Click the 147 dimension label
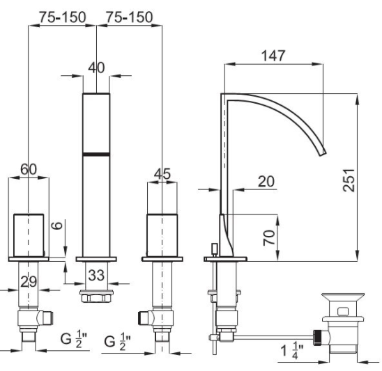(x=273, y=56)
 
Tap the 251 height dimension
(x=349, y=180)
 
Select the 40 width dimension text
(x=96, y=68)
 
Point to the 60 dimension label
(x=29, y=169)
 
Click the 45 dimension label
(x=162, y=174)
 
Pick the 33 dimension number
(x=96, y=275)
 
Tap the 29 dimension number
(x=29, y=282)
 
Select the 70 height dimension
(x=269, y=237)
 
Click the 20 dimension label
(x=266, y=182)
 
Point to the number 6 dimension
(x=57, y=226)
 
